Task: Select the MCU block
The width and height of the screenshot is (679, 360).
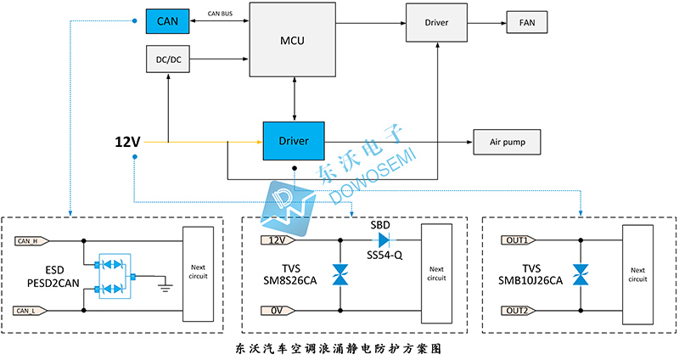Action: click(x=292, y=40)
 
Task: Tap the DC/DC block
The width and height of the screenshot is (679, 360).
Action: click(x=169, y=60)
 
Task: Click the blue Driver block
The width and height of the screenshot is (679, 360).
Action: click(x=294, y=140)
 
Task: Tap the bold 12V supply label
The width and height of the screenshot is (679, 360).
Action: click(x=127, y=141)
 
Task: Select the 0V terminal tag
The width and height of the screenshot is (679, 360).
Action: click(x=274, y=312)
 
